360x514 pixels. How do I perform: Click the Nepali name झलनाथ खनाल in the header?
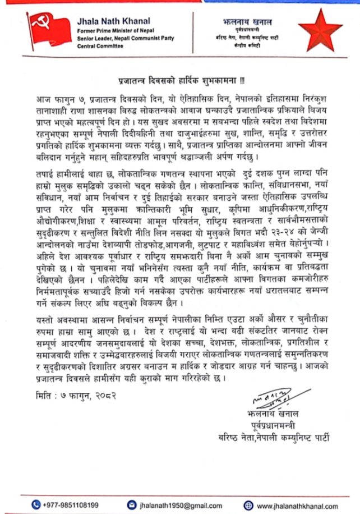tap(245, 22)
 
